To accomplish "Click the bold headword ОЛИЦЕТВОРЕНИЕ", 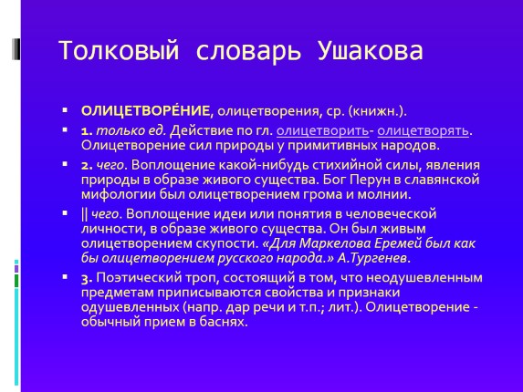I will tap(146, 111).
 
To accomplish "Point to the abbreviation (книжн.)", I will tap(354, 111).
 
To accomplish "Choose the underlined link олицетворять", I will tap(429, 131).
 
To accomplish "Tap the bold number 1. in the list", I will tap(88, 131).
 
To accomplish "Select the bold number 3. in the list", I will tap(88, 277).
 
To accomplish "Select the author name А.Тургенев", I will tap(372, 258).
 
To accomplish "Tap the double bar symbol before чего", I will tap(84, 214).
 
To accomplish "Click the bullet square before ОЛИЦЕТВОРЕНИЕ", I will tap(66, 112).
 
